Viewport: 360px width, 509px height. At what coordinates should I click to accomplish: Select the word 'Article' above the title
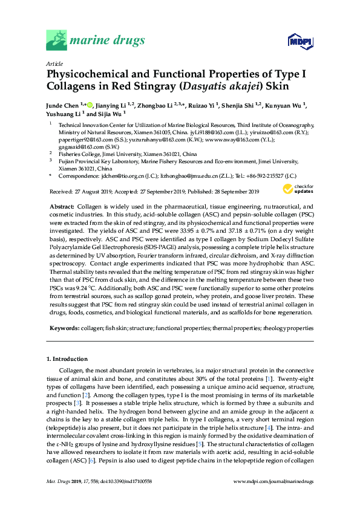54,63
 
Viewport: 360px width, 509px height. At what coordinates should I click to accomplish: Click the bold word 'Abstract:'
61,206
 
